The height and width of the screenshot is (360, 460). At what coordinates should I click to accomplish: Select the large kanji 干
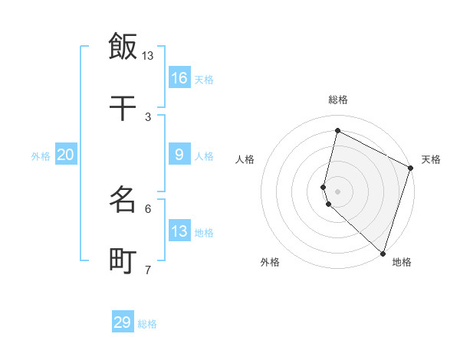(x=123, y=109)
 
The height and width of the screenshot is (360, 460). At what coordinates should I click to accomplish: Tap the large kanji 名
(x=123, y=201)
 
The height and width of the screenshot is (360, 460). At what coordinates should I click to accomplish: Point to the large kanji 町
(x=123, y=262)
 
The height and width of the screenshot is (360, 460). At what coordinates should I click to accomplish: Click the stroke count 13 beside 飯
(x=148, y=56)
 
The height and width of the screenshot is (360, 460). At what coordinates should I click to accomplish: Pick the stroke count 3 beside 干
(x=148, y=117)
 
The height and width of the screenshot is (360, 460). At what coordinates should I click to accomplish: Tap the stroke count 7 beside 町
(x=148, y=270)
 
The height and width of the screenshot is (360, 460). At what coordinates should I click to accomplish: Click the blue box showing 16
(x=179, y=78)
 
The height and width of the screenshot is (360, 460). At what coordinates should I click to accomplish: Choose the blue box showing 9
(x=179, y=155)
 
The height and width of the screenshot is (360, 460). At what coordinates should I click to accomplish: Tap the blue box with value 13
(x=179, y=231)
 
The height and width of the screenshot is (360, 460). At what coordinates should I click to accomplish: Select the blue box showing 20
(x=66, y=155)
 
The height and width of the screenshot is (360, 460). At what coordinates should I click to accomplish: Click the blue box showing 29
(x=123, y=322)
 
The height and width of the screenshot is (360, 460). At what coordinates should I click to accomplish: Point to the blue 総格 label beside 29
(x=147, y=324)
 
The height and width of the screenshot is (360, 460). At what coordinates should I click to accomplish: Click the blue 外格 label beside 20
(x=41, y=156)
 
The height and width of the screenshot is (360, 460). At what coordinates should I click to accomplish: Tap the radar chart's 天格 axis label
(x=431, y=159)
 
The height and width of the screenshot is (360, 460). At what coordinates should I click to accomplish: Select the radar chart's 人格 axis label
(x=245, y=159)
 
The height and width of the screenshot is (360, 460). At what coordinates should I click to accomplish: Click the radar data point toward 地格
(x=383, y=253)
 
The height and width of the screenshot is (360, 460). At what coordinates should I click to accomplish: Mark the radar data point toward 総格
(x=337, y=130)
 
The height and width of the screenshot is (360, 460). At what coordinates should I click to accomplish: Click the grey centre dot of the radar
(x=337, y=191)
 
